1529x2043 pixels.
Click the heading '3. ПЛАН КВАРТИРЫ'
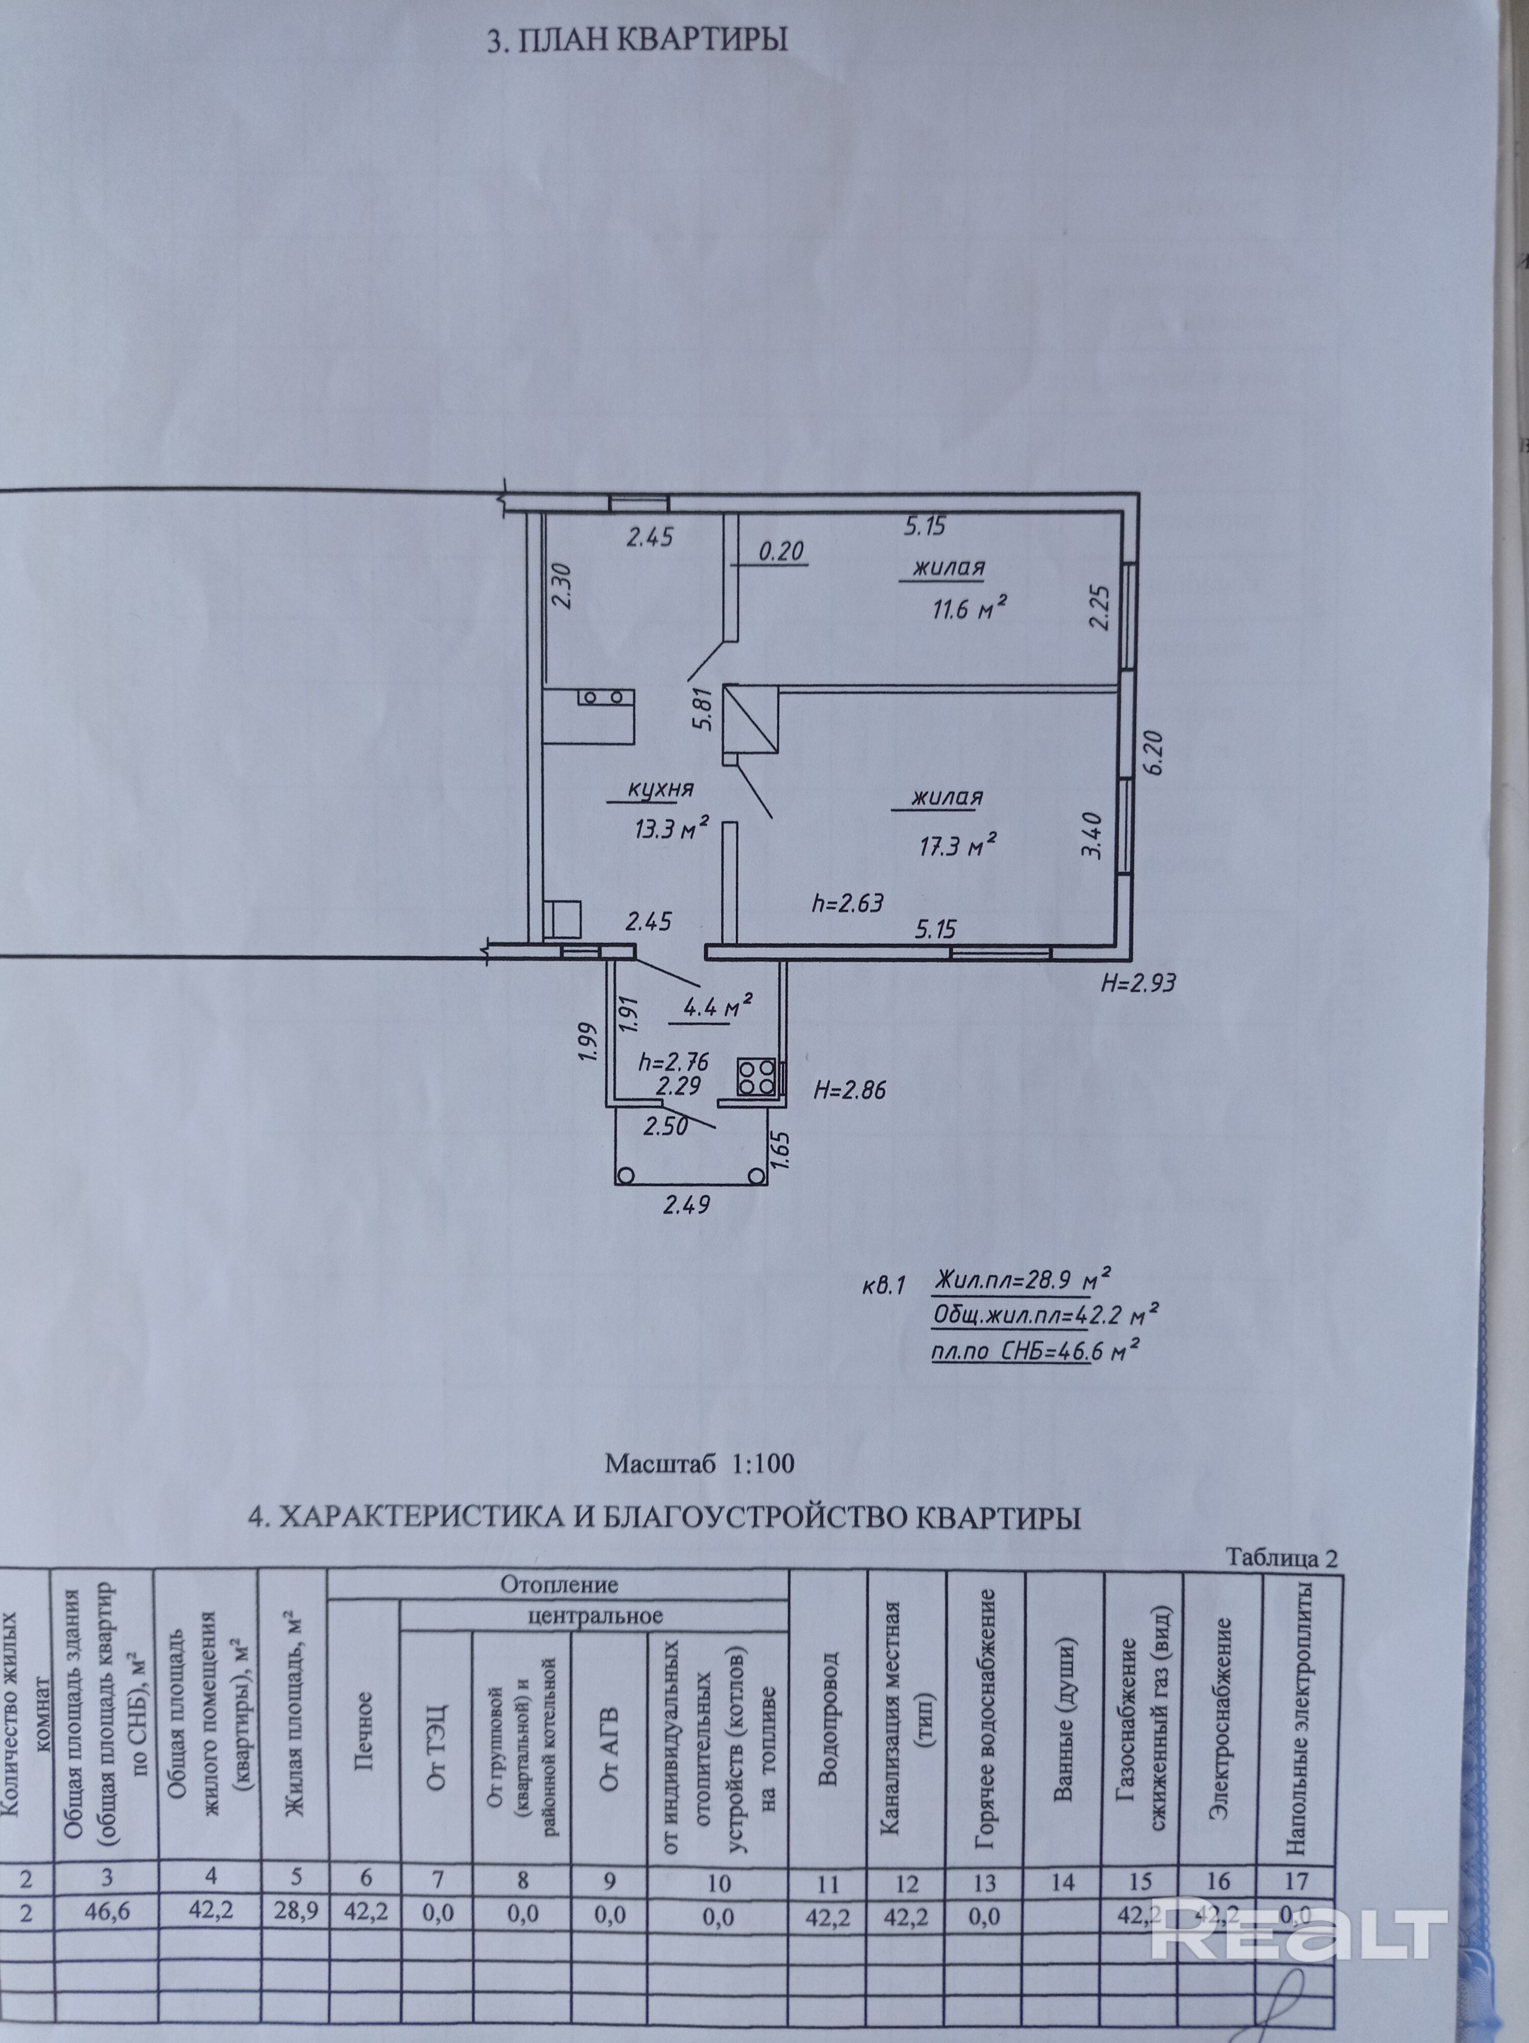click(x=637, y=41)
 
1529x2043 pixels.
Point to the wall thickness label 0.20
click(x=781, y=552)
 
